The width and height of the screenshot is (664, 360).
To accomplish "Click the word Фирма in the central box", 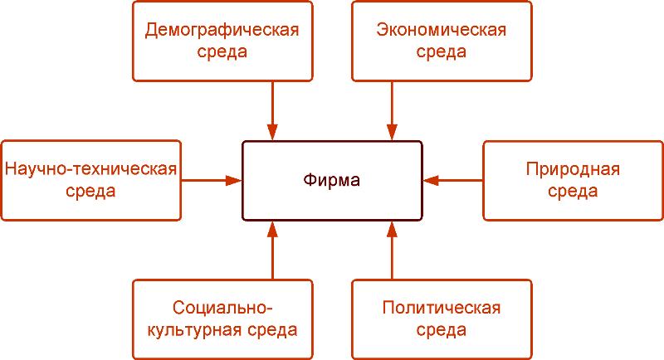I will tap(332, 180).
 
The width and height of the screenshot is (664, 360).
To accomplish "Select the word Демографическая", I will tap(222, 31).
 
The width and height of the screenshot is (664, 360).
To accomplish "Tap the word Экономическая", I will tap(441, 31).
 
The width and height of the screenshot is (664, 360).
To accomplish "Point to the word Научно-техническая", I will tap(91, 170).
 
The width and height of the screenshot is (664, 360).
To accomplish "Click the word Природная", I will tap(573, 170).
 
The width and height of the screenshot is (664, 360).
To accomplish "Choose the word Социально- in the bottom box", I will tap(222, 309).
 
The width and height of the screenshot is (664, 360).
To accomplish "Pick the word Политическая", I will tap(441, 309).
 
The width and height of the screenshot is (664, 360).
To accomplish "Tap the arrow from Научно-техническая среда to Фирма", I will tap(212, 179).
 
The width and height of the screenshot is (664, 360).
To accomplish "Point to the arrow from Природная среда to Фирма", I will tap(453, 179).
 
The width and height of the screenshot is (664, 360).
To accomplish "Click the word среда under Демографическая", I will tap(222, 52).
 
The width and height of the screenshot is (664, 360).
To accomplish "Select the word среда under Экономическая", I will tap(441, 52).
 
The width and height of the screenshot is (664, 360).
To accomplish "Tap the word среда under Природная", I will tap(573, 192).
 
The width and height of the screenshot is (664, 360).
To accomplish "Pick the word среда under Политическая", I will tap(441, 330).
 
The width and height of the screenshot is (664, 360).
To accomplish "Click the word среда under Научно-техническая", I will tap(91, 192).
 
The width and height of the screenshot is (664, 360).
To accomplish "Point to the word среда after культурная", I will tap(271, 330).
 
